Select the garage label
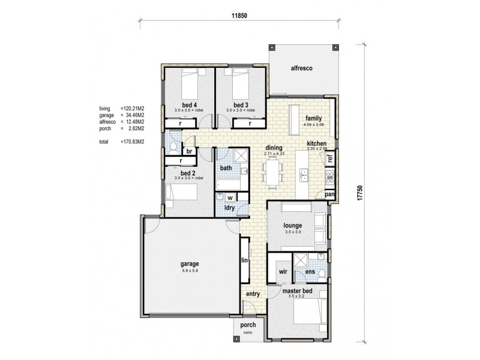click(x=190, y=264)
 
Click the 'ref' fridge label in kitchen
click(x=329, y=160)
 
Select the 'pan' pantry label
click(x=329, y=194)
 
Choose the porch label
click(x=248, y=325)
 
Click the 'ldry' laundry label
click(x=229, y=208)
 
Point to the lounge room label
click(x=296, y=226)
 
